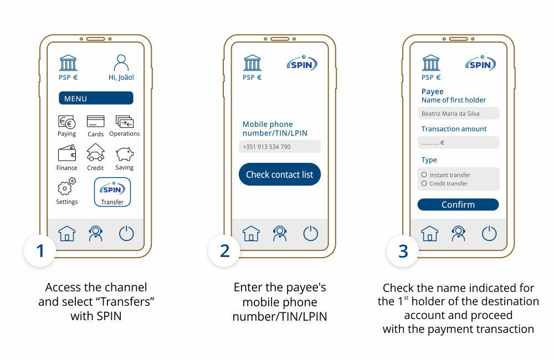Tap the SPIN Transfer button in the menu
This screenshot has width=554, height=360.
[x=112, y=192]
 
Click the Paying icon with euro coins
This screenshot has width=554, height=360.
[x=67, y=122]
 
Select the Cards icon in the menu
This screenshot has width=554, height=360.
[x=95, y=121]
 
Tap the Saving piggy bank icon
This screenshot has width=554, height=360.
[x=124, y=154]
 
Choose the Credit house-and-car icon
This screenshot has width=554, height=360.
[x=96, y=152]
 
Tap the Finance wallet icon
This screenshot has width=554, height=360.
[x=67, y=153]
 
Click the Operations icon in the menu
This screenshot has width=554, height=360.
[x=124, y=121]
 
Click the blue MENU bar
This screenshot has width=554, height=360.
[x=96, y=98]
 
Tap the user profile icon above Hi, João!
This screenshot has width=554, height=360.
[x=121, y=63]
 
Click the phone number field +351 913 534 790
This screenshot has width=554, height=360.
[x=279, y=147]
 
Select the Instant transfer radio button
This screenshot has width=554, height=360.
[x=424, y=174]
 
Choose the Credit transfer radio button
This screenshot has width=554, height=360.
[x=424, y=183]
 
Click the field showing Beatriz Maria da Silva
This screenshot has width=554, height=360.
[x=458, y=114]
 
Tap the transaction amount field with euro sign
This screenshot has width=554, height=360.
[x=458, y=142]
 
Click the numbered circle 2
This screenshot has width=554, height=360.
[x=224, y=251]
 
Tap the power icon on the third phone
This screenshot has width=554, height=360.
[x=489, y=234]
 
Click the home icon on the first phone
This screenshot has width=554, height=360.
[x=67, y=234]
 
